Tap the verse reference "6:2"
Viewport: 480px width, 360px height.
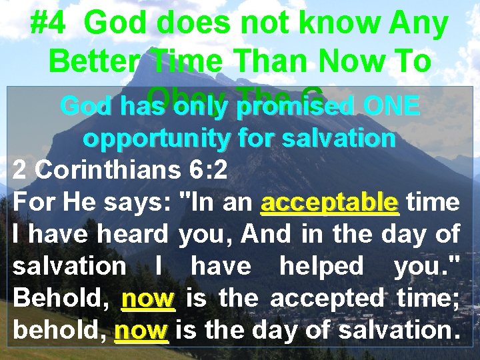(205, 170)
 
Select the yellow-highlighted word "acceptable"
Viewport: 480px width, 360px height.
(330, 201)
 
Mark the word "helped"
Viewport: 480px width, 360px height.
(321, 265)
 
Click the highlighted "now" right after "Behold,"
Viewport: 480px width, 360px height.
(148, 297)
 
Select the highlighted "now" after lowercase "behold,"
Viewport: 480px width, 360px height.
(141, 329)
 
